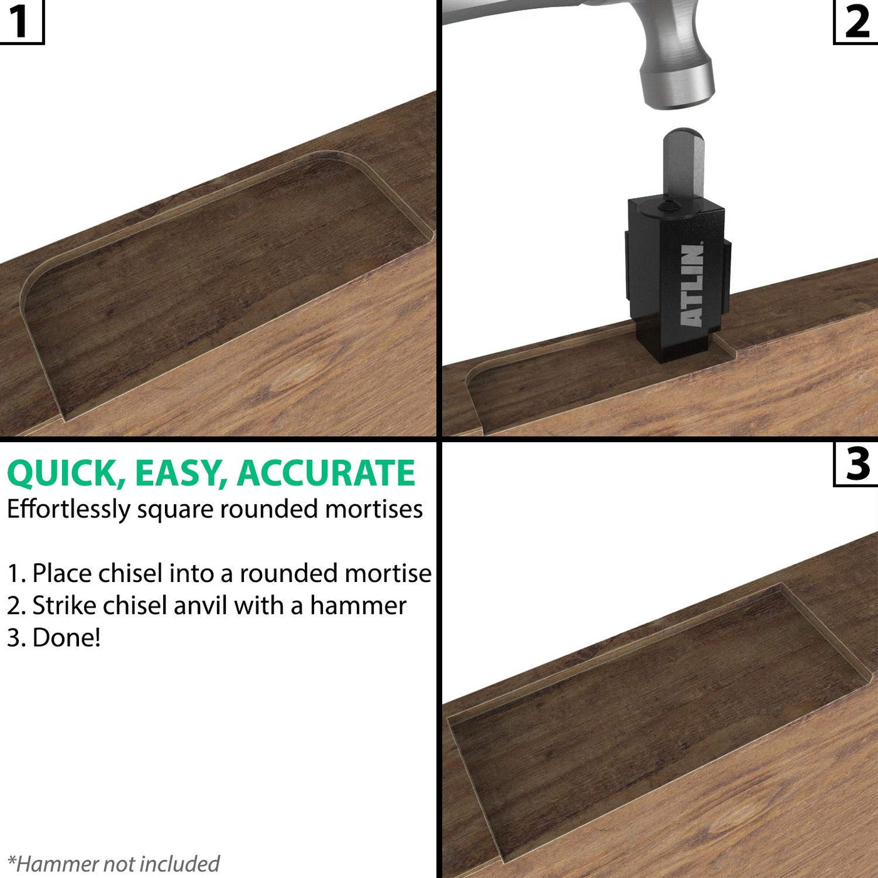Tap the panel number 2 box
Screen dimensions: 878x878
[x=855, y=22]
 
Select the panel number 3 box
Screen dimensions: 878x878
[x=855, y=464]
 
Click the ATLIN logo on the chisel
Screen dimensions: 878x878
[x=692, y=285]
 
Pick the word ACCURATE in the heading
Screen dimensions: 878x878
[x=325, y=473]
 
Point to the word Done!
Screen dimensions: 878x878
[x=66, y=637]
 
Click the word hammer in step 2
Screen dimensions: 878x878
[x=358, y=606]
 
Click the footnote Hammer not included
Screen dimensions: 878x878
[x=114, y=850]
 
